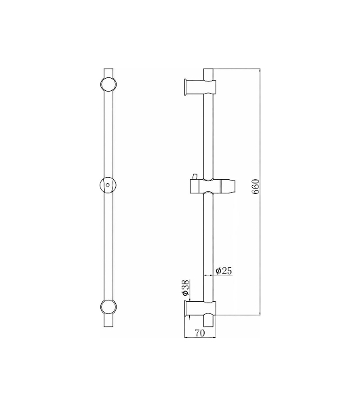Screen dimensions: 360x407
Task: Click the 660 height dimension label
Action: point(256,186)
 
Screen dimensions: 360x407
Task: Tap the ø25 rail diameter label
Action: point(224,271)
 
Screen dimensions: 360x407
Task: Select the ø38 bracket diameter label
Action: point(186,288)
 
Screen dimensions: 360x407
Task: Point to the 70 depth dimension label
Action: point(200,333)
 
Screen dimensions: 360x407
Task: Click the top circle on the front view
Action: point(108,84)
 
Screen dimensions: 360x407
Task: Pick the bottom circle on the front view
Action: point(108,307)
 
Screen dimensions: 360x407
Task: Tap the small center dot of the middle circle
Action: point(108,185)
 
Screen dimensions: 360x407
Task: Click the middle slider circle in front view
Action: point(108,185)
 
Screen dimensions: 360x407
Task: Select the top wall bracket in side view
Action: point(200,85)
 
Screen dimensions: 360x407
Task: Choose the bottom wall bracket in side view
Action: point(200,309)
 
